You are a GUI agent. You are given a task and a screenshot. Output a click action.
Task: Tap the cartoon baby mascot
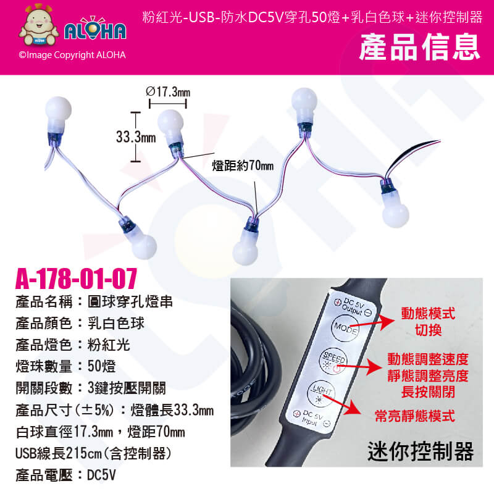(x=39, y=25)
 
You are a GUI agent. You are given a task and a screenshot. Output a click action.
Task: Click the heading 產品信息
(x=420, y=48)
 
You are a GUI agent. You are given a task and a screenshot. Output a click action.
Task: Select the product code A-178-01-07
(x=76, y=278)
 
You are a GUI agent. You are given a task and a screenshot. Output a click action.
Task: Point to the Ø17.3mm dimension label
(x=168, y=92)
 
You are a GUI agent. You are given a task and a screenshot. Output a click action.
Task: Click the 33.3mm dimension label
(x=136, y=137)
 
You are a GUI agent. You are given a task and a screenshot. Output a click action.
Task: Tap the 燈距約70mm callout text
(x=243, y=165)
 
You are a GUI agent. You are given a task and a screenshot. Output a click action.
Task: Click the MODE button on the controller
(x=346, y=329)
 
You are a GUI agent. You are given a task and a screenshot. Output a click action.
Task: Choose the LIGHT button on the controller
(x=321, y=393)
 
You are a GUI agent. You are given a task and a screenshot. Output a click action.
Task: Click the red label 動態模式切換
(x=428, y=322)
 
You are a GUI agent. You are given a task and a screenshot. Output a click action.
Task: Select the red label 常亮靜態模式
(x=415, y=416)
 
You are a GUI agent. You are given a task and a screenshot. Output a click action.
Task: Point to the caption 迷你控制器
(x=421, y=451)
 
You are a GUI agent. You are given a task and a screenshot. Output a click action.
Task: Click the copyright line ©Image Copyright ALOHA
(x=72, y=55)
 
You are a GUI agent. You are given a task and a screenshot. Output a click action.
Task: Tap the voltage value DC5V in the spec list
(x=101, y=475)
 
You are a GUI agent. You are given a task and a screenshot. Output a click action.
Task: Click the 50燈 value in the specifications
(x=101, y=366)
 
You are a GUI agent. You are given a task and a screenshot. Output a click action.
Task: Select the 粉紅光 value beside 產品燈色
(x=109, y=345)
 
